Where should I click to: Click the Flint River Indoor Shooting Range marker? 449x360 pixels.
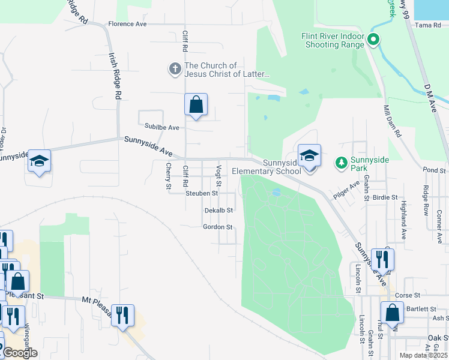[x=373, y=40]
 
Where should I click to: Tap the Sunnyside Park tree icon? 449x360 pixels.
[x=341, y=162]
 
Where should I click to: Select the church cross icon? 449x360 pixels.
[x=175, y=68]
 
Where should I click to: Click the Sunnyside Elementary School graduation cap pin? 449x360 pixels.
[x=309, y=156]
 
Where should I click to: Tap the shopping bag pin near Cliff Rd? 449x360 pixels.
[x=196, y=105]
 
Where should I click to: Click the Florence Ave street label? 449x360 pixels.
[x=127, y=25]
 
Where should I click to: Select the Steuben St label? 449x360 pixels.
[x=202, y=193]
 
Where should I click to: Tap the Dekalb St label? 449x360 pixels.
[x=218, y=211]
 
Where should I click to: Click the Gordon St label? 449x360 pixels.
[x=217, y=227]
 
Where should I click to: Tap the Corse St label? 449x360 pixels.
[x=407, y=296]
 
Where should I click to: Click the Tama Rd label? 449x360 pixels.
[x=428, y=25]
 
